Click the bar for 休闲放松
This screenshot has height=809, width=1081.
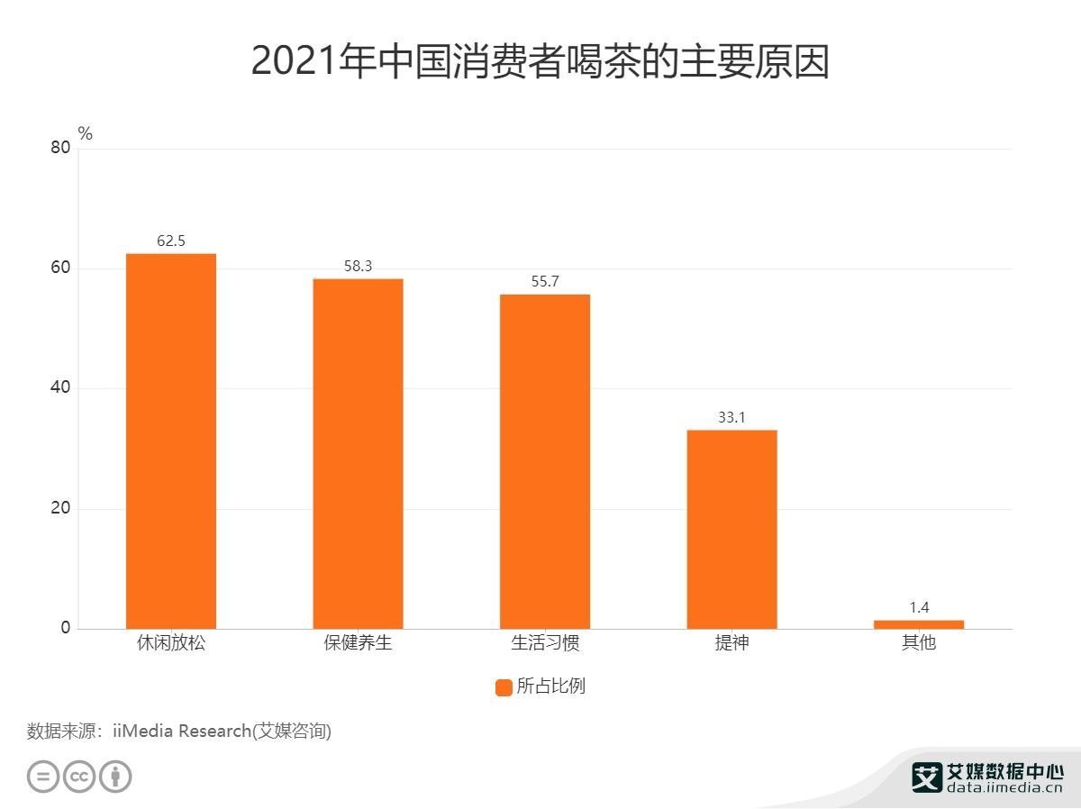pyautogui.click(x=170, y=441)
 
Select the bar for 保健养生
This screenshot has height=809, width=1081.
pyautogui.click(x=358, y=454)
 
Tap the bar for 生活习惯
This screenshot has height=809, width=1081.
pyautogui.click(x=545, y=461)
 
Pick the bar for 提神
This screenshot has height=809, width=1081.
pyautogui.click(x=731, y=530)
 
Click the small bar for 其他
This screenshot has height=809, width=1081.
pyautogui.click(x=918, y=624)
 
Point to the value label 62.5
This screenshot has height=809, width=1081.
pyautogui.click(x=170, y=241)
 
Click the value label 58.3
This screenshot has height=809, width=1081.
pyautogui.click(x=358, y=267)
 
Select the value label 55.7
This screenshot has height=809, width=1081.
pyautogui.click(x=545, y=282)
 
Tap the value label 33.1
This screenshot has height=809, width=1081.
pyautogui.click(x=731, y=418)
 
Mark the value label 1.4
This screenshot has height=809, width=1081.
pyautogui.click(x=918, y=608)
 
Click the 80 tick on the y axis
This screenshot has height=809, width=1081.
pyautogui.click(x=60, y=149)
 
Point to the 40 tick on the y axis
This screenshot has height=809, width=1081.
pyautogui.click(x=60, y=388)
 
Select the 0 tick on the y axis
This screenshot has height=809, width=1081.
pyautogui.click(x=66, y=628)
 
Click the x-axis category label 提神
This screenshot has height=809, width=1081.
pyautogui.click(x=731, y=644)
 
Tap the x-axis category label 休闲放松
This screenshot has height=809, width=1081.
pyautogui.click(x=170, y=644)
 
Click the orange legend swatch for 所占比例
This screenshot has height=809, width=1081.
pyautogui.click(x=504, y=687)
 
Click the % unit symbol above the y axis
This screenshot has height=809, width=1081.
pyautogui.click(x=86, y=134)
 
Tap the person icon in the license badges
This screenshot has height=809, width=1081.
pyautogui.click(x=115, y=777)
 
